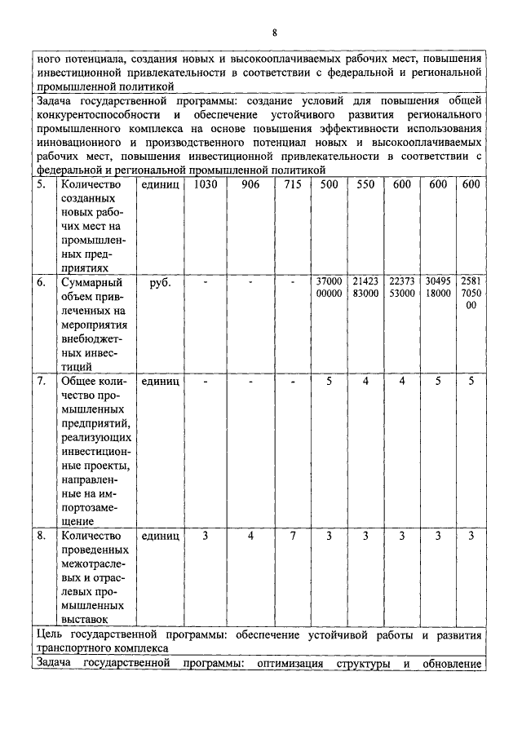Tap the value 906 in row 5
tap(250, 185)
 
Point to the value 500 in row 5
tap(329, 185)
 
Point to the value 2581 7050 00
tap(471, 294)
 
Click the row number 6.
tap(42, 283)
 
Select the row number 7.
tap(42, 381)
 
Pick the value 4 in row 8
tap(250, 536)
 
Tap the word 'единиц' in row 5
tap(159, 185)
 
